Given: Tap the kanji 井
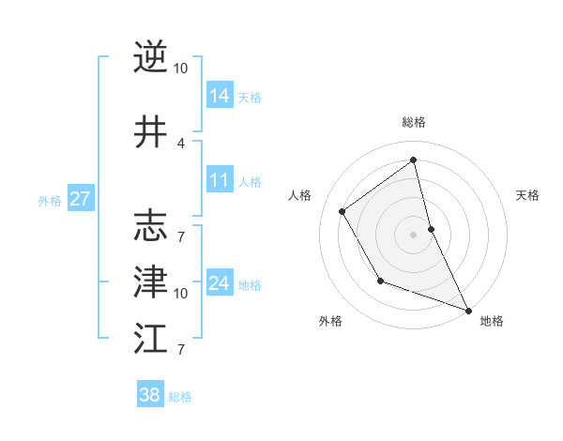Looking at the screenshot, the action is point(150,132).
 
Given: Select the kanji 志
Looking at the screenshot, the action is point(150,225).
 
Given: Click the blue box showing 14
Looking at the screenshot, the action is point(220,95).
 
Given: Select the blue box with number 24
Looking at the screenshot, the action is point(220,282).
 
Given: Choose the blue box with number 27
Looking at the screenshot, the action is point(81,199).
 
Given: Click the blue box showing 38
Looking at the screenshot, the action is point(150,395).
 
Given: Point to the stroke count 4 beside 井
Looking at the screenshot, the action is point(181,143).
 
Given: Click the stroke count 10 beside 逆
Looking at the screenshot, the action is point(181,68).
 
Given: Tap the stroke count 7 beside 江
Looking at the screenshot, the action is point(181,350).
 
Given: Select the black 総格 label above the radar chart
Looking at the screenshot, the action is point(414,122).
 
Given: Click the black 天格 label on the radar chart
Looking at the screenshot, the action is point(527,195).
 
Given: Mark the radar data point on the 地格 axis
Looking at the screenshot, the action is point(469,310).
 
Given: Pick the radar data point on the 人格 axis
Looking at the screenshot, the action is point(342,212).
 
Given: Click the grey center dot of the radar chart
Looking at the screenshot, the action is point(414,235).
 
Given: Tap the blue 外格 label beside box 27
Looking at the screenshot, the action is point(49,200).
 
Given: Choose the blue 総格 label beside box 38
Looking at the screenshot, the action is point(180,397).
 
